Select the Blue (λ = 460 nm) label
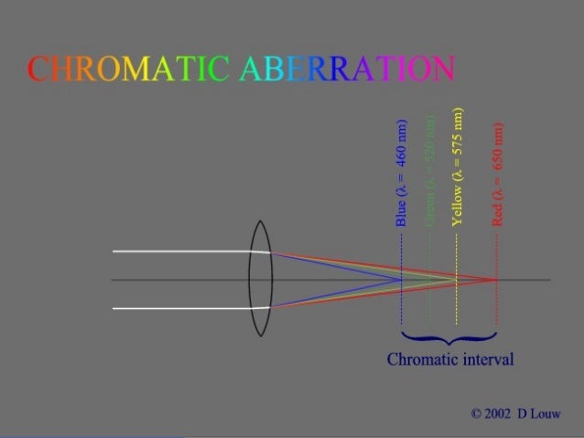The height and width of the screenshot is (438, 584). [400, 174]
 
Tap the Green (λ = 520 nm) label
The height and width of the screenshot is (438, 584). [428, 174]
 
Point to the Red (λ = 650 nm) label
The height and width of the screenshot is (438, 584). [497, 174]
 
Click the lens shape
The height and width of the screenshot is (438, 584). [261, 278]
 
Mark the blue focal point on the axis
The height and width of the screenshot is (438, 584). [402, 279]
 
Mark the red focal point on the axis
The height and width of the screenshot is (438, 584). [496, 279]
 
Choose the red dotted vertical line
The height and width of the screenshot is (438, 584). [496, 302]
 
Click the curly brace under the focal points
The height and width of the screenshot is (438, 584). [449, 337]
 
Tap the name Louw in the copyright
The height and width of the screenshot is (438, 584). [545, 413]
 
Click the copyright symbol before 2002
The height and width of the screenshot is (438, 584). [476, 413]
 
